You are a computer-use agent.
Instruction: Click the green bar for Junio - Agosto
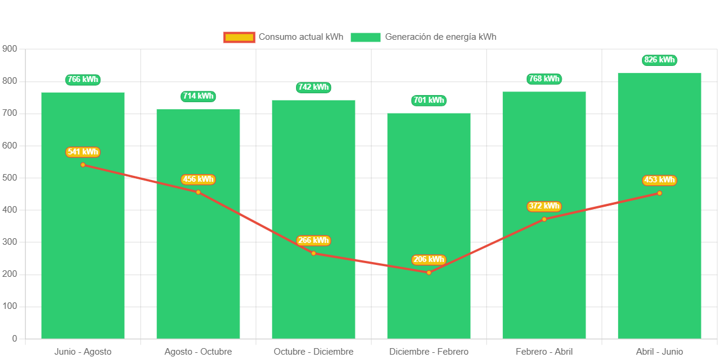[83, 238]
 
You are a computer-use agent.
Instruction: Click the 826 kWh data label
[659, 60]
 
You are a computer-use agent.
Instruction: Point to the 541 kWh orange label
[83, 152]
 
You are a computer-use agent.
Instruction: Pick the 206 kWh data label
[429, 260]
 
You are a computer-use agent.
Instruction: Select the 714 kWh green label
[198, 96]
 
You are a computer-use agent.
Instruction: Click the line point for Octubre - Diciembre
[313, 253]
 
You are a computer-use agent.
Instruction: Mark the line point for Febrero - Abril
[544, 219]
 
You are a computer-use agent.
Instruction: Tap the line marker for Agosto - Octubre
[198, 192]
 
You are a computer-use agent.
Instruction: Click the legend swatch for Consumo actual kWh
[239, 37]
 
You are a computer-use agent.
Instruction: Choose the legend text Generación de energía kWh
[440, 37]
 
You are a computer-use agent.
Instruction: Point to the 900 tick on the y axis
[10, 48]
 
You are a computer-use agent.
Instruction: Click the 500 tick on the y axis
[10, 178]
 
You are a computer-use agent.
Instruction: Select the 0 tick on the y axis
[14, 339]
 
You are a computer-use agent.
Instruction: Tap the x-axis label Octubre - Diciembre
[313, 352]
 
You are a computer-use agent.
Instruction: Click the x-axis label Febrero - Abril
[544, 352]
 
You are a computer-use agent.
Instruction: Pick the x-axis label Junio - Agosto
[83, 352]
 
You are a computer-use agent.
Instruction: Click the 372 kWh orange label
[544, 206]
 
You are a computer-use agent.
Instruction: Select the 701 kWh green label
[429, 100]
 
